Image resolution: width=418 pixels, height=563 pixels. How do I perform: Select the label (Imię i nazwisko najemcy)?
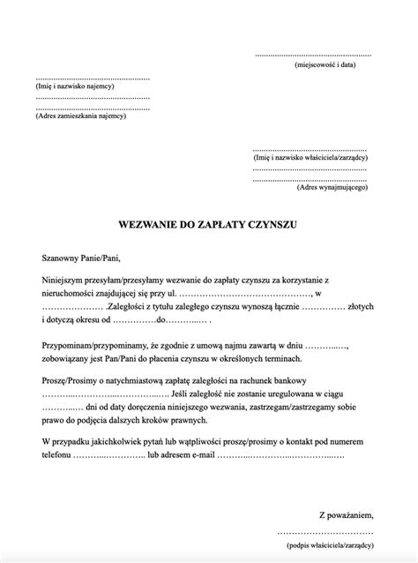pyautogui.click(x=76, y=89)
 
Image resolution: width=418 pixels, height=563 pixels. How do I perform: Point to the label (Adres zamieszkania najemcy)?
pyautogui.click(x=81, y=116)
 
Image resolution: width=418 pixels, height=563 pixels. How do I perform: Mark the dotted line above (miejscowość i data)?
pyautogui.click(x=313, y=54)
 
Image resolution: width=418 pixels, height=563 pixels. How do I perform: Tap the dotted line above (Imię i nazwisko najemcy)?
pyautogui.click(x=92, y=79)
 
